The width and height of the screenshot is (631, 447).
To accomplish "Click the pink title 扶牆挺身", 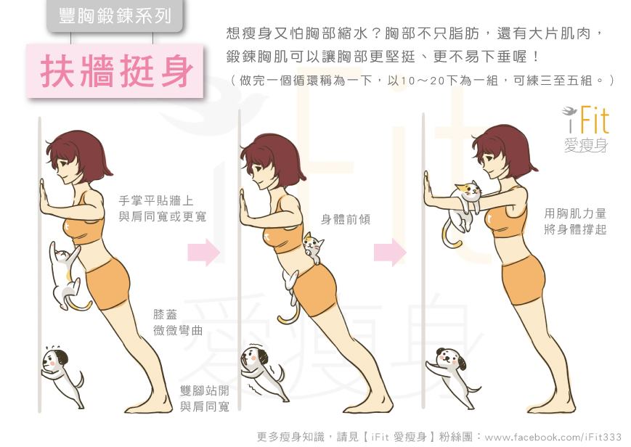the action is point(116,71).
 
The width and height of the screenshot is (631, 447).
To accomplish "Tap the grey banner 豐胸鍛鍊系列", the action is point(115,16).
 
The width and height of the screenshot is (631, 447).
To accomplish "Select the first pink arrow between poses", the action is point(203,252).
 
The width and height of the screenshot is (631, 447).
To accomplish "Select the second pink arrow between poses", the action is point(390,252).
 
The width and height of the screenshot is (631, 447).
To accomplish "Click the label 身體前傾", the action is point(346,220).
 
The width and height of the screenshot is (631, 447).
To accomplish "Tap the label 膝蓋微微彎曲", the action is point(177,322).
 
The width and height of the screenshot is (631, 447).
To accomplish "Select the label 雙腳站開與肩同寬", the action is point(205,398).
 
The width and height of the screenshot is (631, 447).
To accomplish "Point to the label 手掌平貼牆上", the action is point(156,201).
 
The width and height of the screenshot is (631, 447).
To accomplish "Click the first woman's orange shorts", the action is point(108,284).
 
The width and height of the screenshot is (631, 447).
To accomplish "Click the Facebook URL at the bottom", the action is point(553,437).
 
